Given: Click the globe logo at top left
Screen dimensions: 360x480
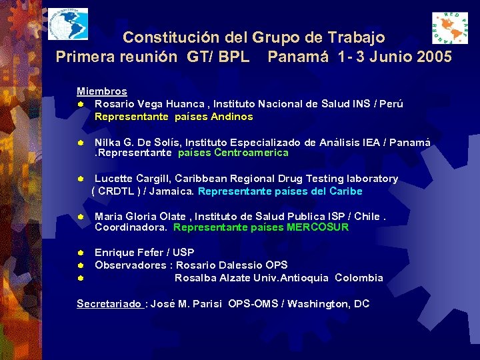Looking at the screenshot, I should [67, 26].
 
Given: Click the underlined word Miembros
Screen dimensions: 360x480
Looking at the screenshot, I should [101, 91].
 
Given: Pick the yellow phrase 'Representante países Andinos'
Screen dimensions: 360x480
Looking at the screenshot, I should [173, 117].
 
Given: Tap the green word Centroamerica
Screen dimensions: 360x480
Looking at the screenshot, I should [251, 153].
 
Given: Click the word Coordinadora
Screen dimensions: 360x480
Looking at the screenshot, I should [131, 227].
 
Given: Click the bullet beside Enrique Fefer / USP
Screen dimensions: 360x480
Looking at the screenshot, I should [79, 253].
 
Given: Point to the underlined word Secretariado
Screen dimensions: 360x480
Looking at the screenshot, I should [109, 304].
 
